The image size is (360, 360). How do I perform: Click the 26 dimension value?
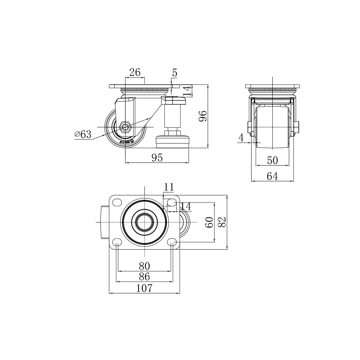(135, 72)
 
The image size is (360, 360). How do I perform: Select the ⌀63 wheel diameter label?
(83, 134)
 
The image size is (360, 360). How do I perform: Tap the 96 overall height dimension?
(203, 116)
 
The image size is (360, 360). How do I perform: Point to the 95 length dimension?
(157, 157)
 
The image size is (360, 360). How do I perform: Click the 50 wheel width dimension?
(272, 161)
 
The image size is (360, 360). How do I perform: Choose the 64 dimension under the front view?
(272, 176)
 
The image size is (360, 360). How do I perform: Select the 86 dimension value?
(144, 276)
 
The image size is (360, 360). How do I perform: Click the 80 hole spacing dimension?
(144, 265)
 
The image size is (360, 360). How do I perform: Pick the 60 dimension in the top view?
(209, 222)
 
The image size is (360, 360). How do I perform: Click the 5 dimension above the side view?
(175, 72)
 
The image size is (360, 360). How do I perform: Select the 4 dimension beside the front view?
(241, 138)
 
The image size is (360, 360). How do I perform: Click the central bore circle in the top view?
(144, 222)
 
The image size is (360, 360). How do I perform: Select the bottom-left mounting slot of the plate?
(117, 243)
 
